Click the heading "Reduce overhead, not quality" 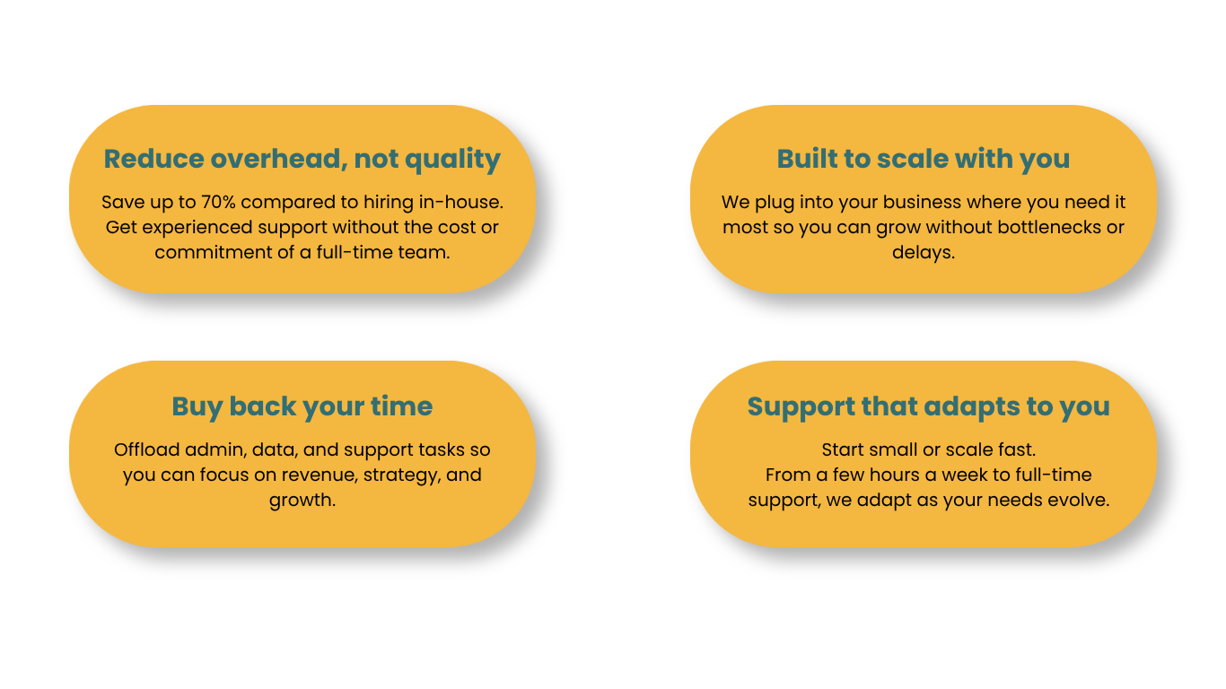pos(302,159)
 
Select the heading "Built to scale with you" pos(923,159)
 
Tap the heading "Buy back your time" pos(302,406)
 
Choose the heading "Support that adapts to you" pos(928,406)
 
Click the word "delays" pos(923,252)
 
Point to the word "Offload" pos(146,449)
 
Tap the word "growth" pos(302,501)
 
